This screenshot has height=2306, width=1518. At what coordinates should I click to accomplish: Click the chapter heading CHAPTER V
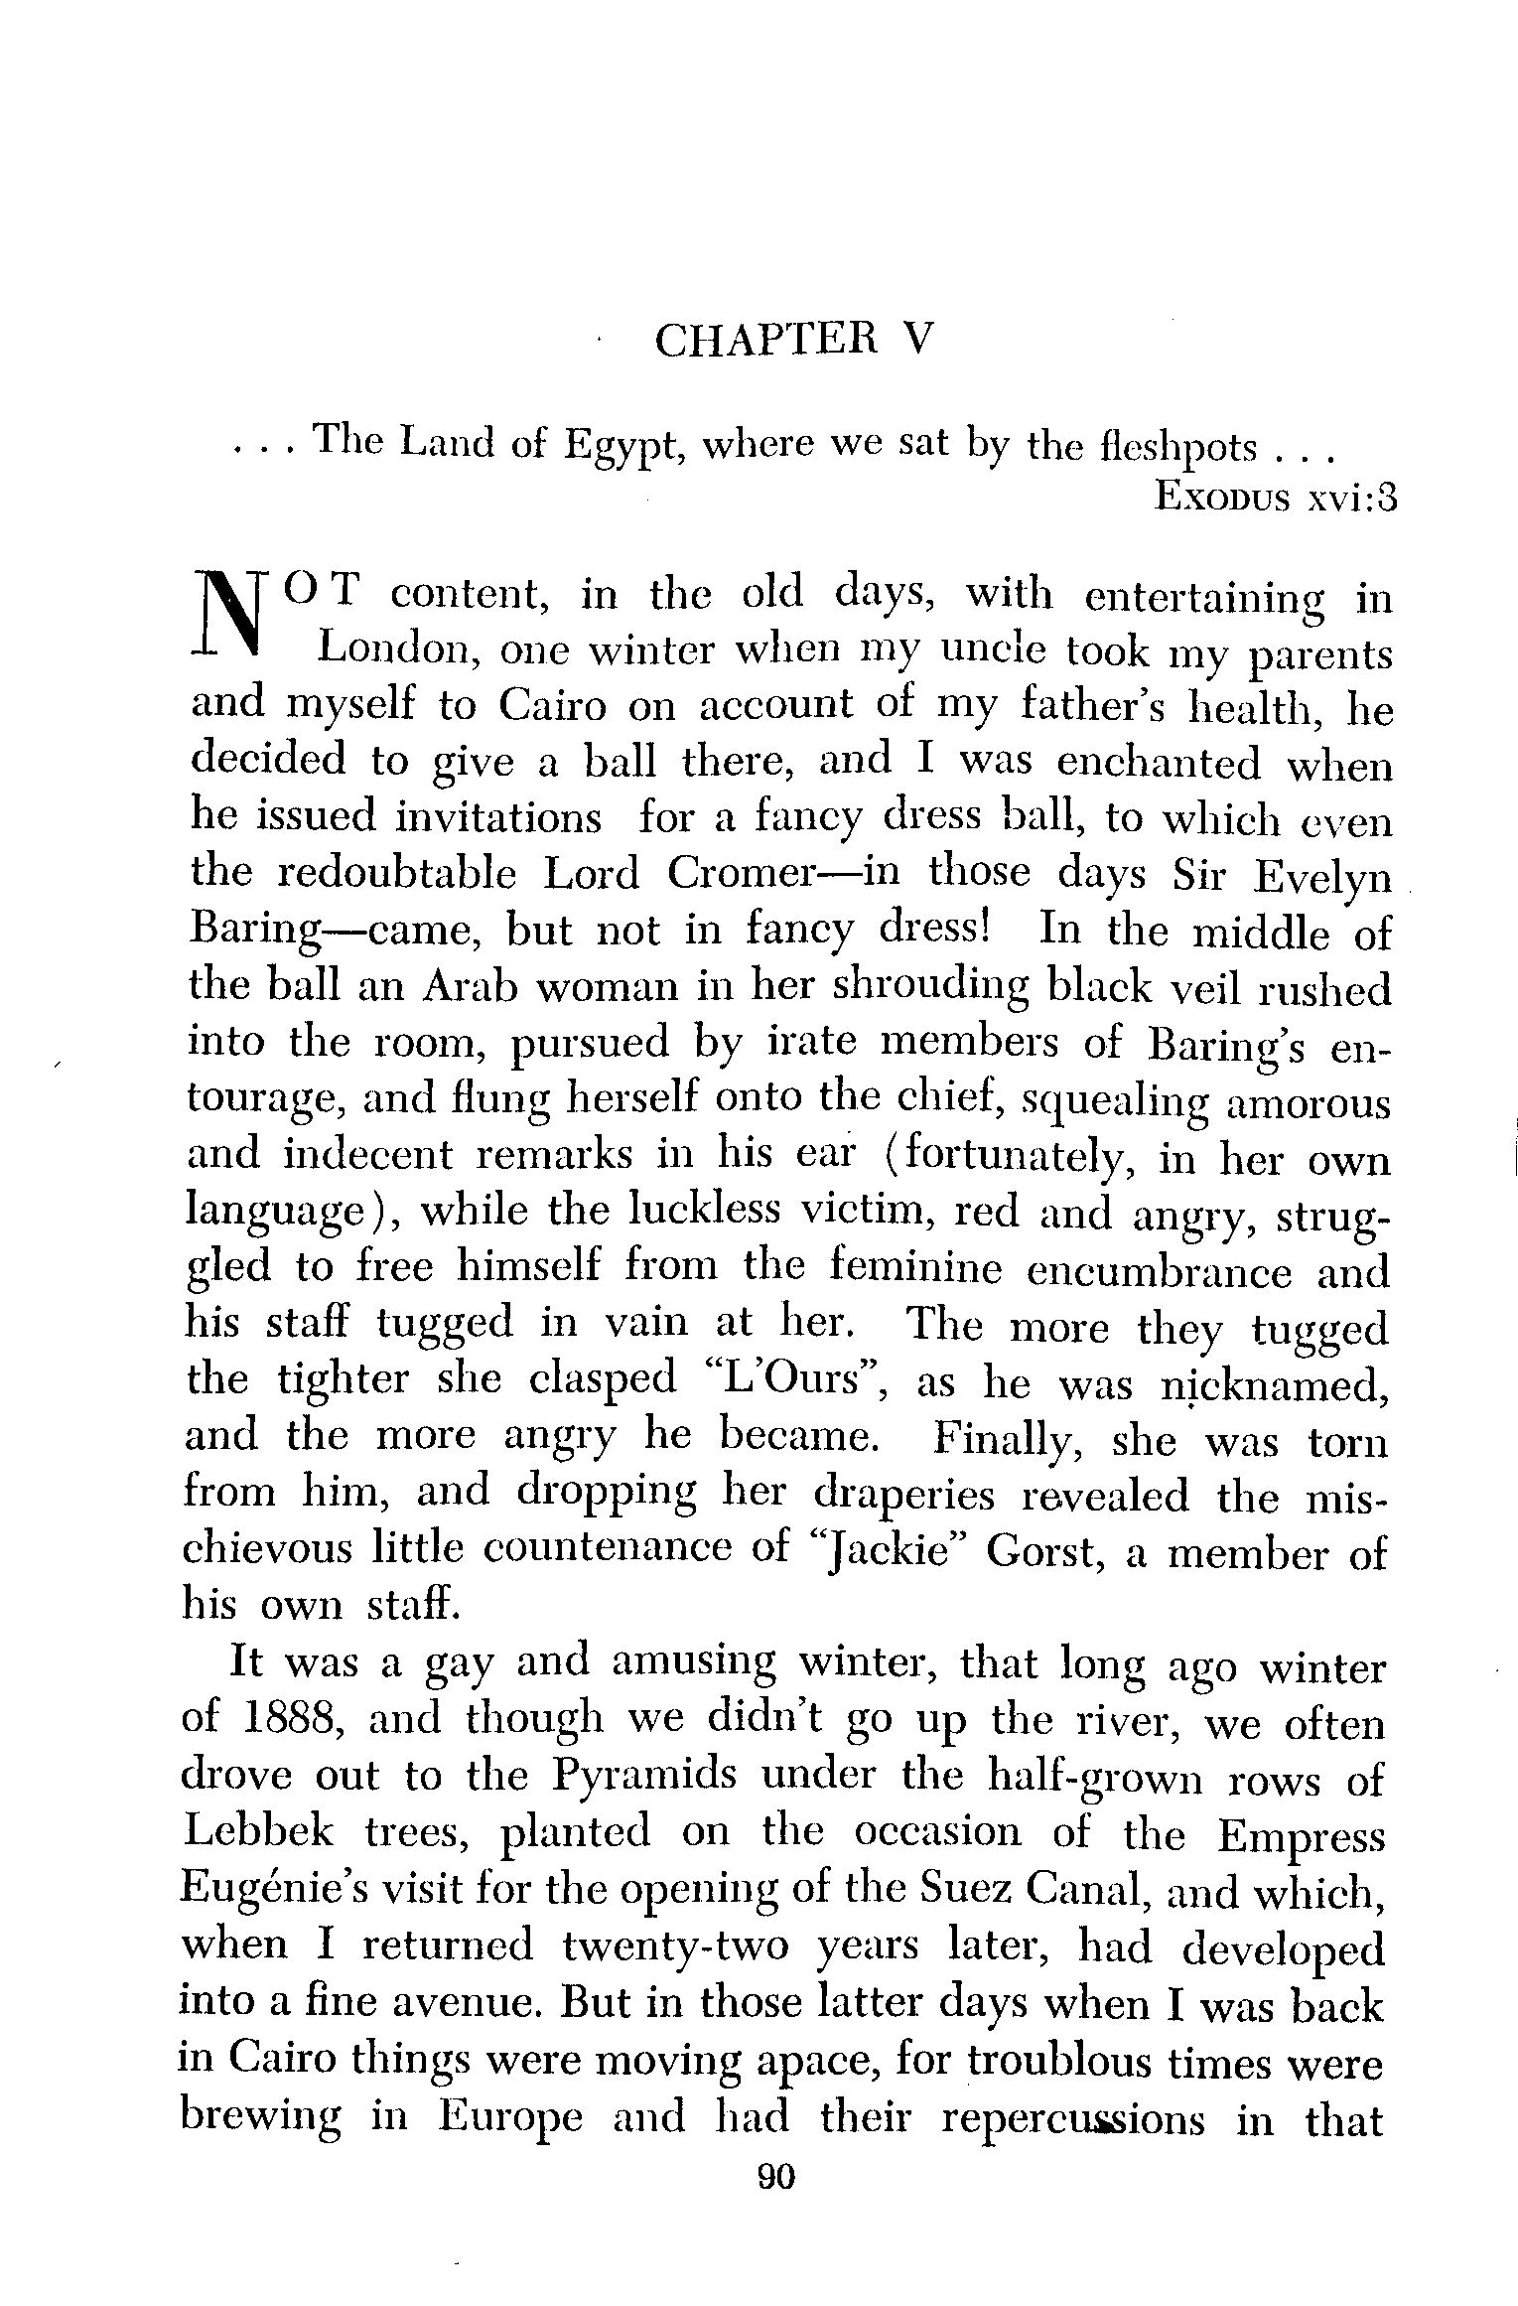[793, 341]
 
